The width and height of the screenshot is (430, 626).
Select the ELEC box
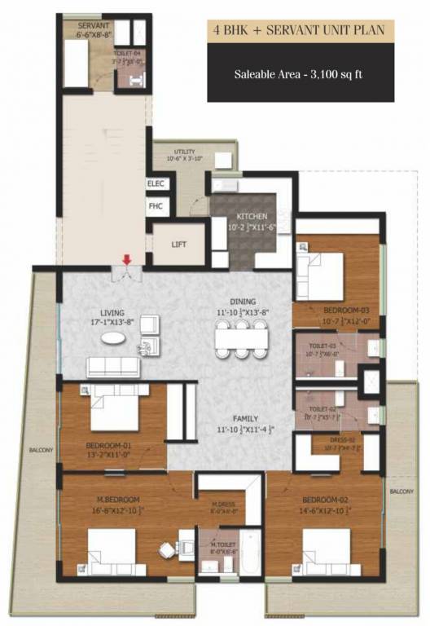(x=156, y=184)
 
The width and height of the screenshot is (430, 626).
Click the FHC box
(x=156, y=206)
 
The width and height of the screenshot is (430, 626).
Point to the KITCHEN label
(x=230, y=216)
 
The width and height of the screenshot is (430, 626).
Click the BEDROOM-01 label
(x=108, y=446)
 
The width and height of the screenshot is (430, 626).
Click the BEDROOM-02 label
(x=319, y=499)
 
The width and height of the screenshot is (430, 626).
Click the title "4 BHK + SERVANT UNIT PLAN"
(x=300, y=30)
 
